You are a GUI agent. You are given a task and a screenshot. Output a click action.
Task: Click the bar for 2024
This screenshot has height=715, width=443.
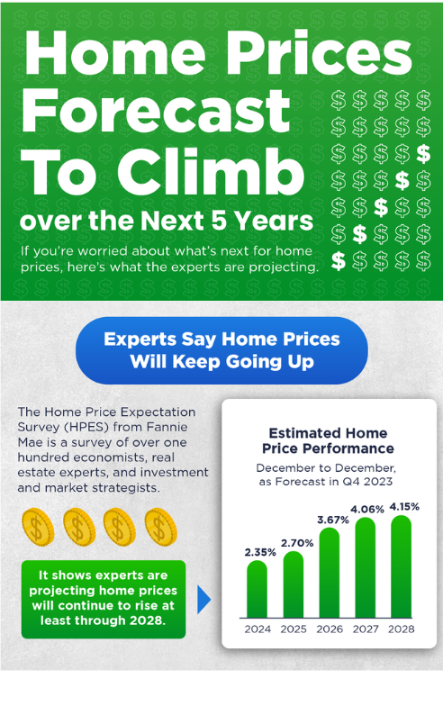click(258, 589)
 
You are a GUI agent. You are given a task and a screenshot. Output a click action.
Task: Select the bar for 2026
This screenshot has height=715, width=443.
click(330, 573)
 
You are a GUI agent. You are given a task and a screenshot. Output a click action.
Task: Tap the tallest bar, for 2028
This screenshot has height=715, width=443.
click(401, 566)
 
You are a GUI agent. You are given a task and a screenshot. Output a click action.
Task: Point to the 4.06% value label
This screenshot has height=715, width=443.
click(366, 510)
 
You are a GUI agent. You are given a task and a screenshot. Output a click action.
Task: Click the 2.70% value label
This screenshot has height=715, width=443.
click(297, 543)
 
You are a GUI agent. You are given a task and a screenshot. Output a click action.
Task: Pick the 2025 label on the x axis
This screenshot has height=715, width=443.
click(294, 629)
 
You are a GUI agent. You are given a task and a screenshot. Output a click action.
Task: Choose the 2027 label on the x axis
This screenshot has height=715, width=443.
click(366, 629)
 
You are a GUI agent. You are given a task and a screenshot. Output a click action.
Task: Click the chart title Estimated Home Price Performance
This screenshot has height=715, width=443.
click(328, 440)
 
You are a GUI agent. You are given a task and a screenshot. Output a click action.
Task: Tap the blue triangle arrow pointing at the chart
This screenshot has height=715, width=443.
click(203, 599)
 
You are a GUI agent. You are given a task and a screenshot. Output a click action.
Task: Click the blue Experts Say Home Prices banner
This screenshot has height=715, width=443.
click(221, 350)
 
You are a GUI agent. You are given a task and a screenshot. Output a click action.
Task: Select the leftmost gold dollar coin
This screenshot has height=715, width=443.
click(38, 527)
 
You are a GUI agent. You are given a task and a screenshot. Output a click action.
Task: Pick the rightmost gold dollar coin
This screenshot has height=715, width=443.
click(160, 526)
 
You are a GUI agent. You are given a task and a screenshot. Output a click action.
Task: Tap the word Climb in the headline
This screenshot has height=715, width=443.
click(211, 172)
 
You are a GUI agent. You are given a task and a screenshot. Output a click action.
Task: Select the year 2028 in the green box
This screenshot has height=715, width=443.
click(147, 620)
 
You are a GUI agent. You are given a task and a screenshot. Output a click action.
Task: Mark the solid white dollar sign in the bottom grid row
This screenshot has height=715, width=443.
click(339, 261)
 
